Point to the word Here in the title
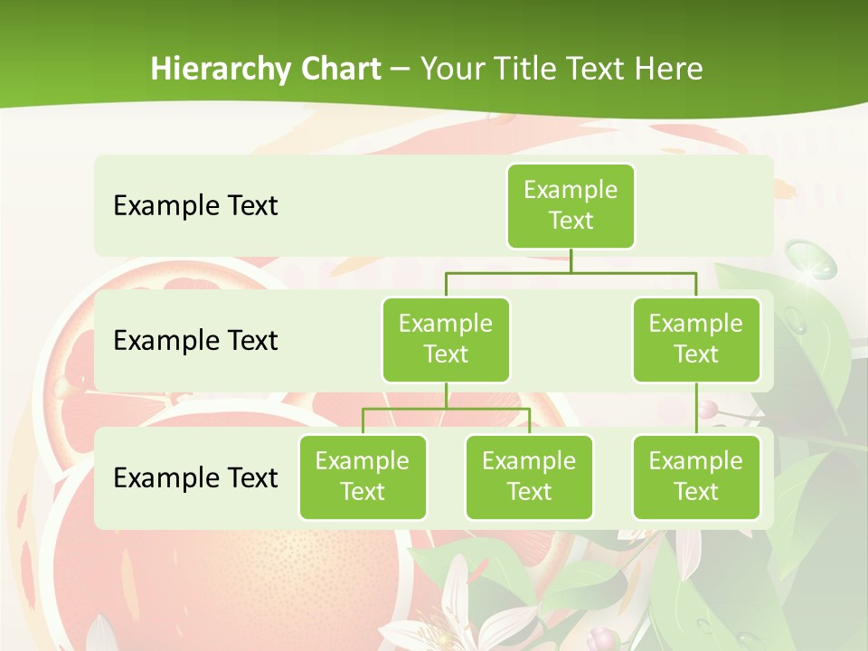(x=669, y=70)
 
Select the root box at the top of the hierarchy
(x=571, y=205)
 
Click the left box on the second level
(x=446, y=339)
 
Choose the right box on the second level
(x=696, y=339)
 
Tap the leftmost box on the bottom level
(x=363, y=476)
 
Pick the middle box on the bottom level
(x=529, y=476)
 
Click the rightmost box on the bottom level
(x=696, y=476)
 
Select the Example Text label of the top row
(x=195, y=206)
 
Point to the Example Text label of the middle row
(x=195, y=341)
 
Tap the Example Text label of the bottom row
(x=195, y=477)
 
